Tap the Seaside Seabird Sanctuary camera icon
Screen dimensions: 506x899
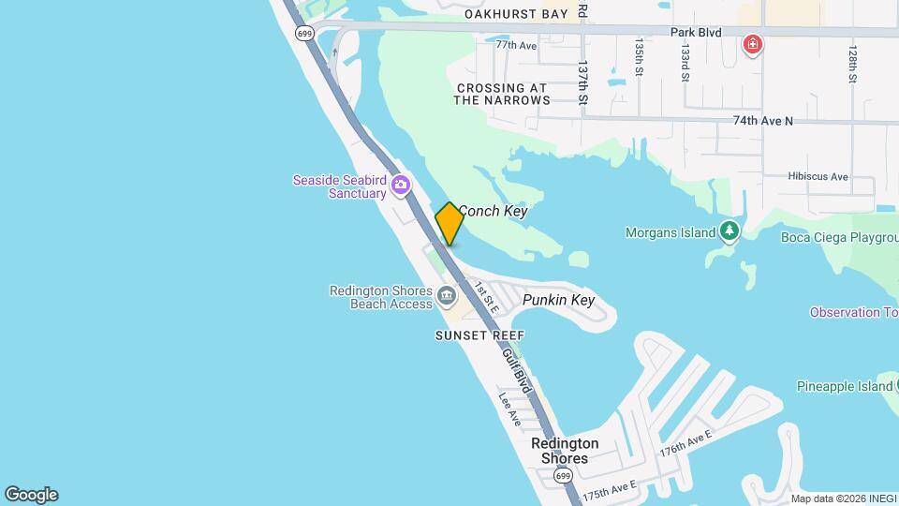click(x=401, y=184)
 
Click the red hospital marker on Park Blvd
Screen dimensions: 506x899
click(x=752, y=44)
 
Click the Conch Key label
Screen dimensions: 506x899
click(x=493, y=211)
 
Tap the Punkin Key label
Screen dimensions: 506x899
click(x=558, y=300)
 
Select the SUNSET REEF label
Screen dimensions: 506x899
click(x=479, y=335)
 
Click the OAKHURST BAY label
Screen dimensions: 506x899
click(x=516, y=14)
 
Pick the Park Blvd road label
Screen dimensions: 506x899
click(x=696, y=32)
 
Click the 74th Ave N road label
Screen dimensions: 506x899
click(x=762, y=121)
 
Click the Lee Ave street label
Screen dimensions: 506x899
click(x=509, y=409)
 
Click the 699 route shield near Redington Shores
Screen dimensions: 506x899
click(x=561, y=476)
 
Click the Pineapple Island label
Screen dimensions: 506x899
click(x=844, y=386)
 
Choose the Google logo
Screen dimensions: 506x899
click(x=31, y=495)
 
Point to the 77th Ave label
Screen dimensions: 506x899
click(x=516, y=45)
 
